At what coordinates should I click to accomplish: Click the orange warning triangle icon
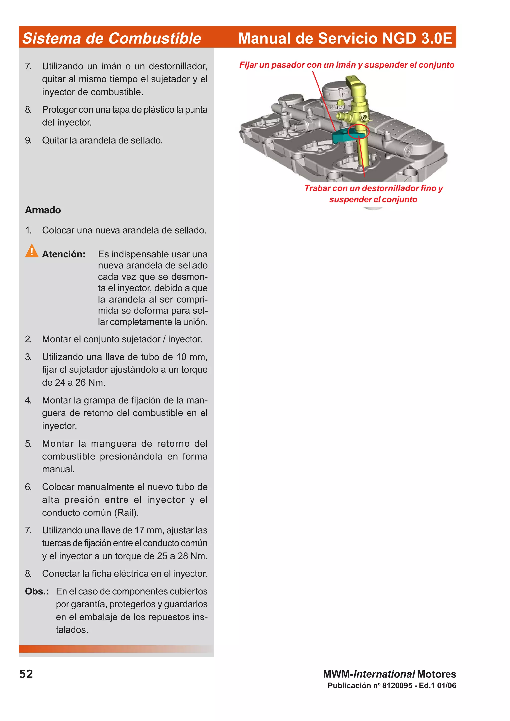tap(31, 251)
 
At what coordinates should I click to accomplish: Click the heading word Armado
tap(43, 210)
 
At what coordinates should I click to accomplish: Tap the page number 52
tap(26, 674)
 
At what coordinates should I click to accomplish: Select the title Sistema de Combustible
tap(112, 38)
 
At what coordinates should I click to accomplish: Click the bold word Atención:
tap(64, 254)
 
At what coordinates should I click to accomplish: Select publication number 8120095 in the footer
tap(397, 685)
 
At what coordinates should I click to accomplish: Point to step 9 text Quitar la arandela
tap(102, 140)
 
